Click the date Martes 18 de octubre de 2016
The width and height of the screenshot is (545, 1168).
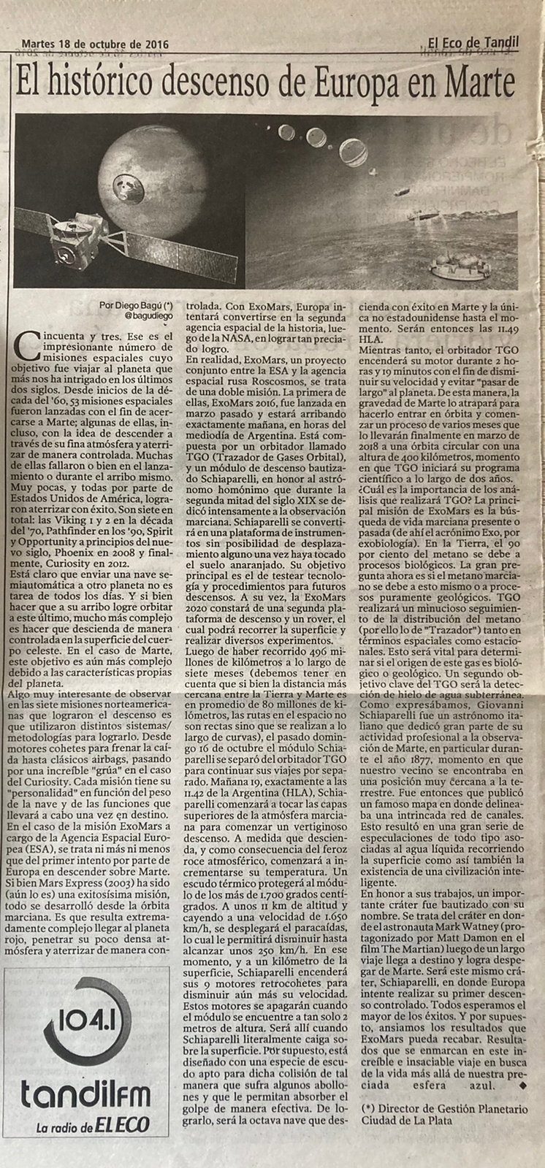coord(96,44)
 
